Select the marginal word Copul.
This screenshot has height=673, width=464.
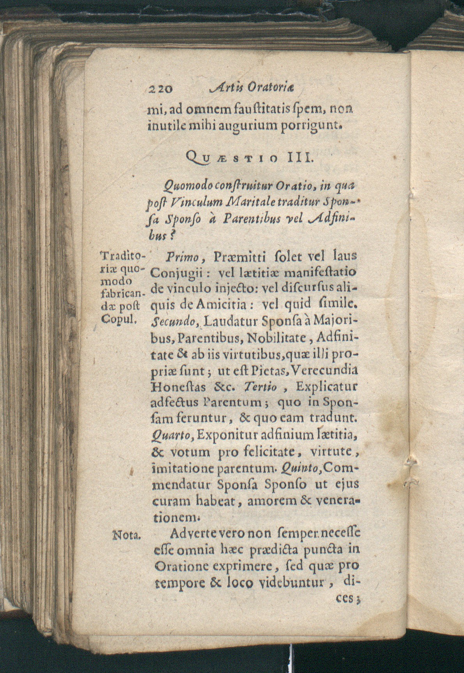click(x=118, y=319)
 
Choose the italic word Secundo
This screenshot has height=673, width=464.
click(x=169, y=321)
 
